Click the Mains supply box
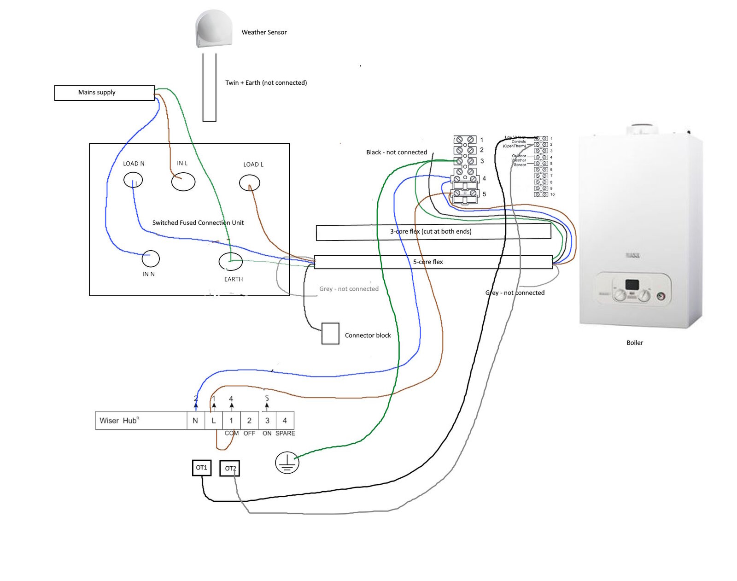click(104, 93)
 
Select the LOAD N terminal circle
click(133, 180)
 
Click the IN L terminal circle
click(183, 182)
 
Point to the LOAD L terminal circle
click(250, 183)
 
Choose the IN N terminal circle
click(151, 259)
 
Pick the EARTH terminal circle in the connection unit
click(231, 261)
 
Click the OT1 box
click(202, 468)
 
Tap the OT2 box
click(230, 469)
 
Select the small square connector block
click(330, 334)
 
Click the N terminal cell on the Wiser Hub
click(195, 421)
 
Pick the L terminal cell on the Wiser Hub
click(213, 421)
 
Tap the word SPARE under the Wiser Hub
click(285, 434)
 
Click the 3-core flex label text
click(431, 231)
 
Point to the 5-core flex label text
click(428, 262)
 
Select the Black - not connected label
click(397, 153)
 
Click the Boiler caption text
click(635, 343)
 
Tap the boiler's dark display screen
click(632, 285)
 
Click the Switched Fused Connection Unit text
click(198, 223)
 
